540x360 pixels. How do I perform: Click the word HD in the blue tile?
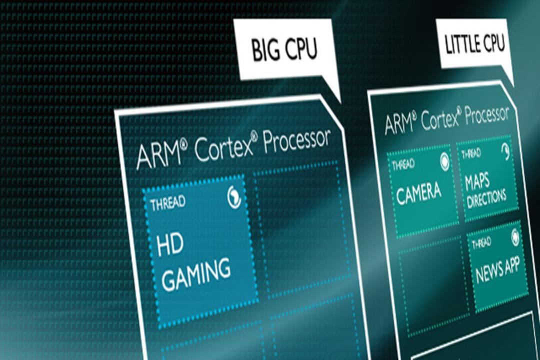[x=170, y=244]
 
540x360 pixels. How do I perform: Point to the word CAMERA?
[x=418, y=193]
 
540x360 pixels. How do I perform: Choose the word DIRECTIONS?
[x=486, y=199]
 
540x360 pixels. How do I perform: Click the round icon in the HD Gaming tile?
[x=234, y=197]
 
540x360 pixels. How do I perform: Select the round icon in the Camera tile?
[x=444, y=161]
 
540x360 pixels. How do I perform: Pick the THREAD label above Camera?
[x=403, y=165]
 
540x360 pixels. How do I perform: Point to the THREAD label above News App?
[x=481, y=243]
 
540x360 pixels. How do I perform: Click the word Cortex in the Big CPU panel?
[x=224, y=149]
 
